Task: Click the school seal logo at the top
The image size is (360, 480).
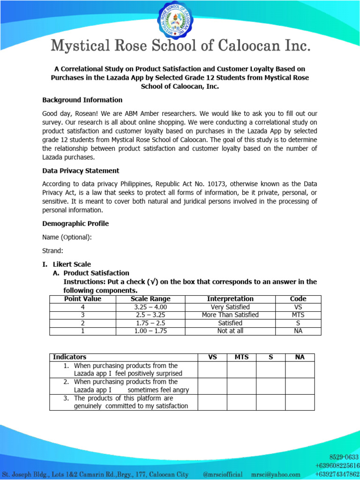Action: [x=180, y=22]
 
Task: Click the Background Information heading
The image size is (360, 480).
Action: [x=82, y=100]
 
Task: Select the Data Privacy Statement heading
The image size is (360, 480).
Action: [x=81, y=171]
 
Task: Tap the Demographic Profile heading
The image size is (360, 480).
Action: [x=75, y=224]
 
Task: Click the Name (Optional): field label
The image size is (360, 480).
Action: [x=67, y=237]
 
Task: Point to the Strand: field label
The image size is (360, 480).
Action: [x=52, y=251]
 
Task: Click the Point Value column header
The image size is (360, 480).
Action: [x=82, y=299]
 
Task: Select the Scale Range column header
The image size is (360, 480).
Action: [x=150, y=299]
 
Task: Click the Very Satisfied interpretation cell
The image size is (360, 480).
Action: [x=230, y=307]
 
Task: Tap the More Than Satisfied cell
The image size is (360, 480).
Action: [x=230, y=315]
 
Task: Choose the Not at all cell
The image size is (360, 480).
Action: [x=230, y=331]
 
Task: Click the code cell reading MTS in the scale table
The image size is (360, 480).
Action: [x=298, y=315]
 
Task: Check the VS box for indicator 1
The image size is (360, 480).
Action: [x=212, y=369]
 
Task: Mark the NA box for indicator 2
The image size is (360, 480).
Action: [x=300, y=386]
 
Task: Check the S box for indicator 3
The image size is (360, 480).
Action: [x=270, y=402]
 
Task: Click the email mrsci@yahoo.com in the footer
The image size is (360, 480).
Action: [x=276, y=475]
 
